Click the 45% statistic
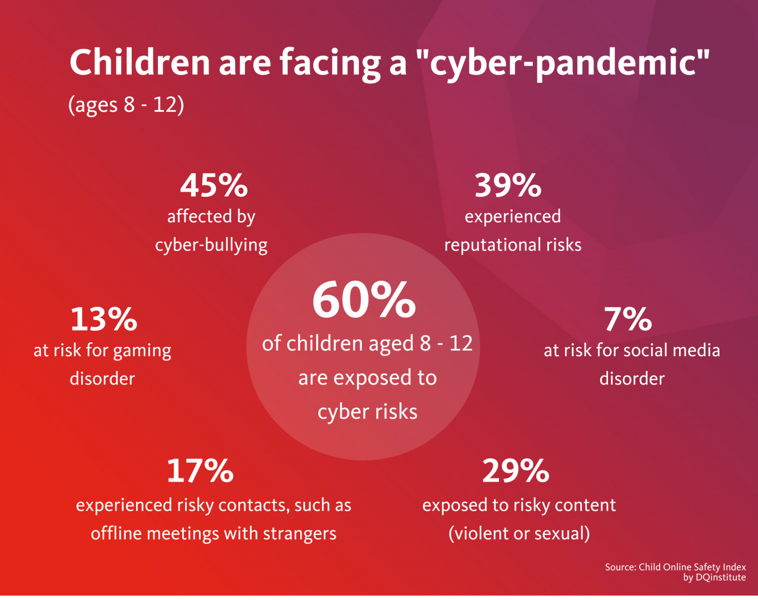[x=213, y=186]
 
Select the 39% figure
[x=508, y=186]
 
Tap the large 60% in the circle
[x=364, y=300]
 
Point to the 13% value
[x=103, y=319]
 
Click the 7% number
[x=628, y=319]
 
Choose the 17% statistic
[x=200, y=471]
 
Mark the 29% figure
[x=516, y=471]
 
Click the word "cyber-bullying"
[x=211, y=245]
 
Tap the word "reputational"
[x=492, y=245]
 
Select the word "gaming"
[x=142, y=351]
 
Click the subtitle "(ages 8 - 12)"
[x=126, y=104]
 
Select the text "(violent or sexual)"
[x=519, y=533]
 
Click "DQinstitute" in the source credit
[x=721, y=578]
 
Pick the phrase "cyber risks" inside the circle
[x=367, y=412]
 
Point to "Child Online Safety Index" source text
[x=692, y=567]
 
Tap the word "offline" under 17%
[x=116, y=533]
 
